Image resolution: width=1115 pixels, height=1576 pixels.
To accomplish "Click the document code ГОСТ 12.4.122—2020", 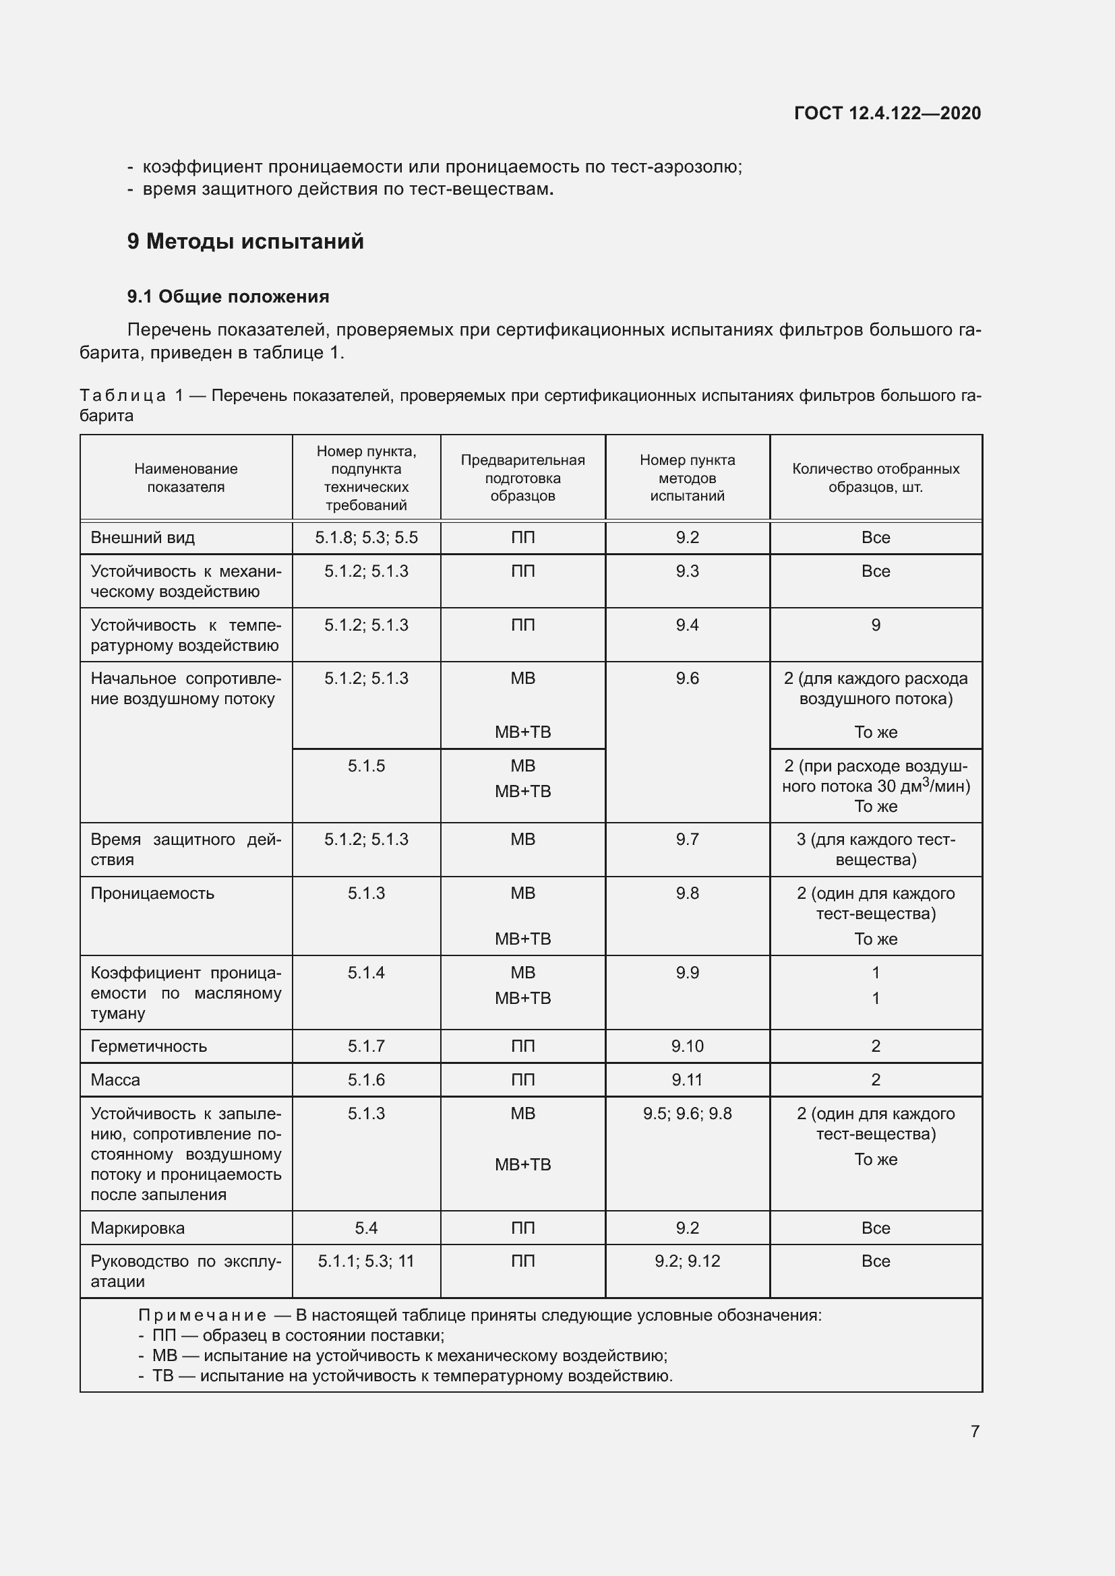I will tap(887, 113).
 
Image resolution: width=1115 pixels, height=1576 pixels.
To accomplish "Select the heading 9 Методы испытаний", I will tap(245, 242).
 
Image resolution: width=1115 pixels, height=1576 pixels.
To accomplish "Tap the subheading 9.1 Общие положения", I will tap(228, 296).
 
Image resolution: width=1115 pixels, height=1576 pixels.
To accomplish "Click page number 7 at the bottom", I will tap(975, 1431).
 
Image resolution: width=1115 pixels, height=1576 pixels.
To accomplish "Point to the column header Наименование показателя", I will tap(186, 478).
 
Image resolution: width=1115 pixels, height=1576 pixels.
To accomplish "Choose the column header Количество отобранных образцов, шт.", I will tap(876, 478).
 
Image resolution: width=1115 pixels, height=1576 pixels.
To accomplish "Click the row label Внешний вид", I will tap(143, 538).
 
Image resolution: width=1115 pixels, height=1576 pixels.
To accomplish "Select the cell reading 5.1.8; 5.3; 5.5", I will tap(366, 538).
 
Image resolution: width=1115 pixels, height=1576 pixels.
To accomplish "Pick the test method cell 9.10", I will tap(687, 1046).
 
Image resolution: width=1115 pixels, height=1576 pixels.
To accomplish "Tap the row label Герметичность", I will tap(148, 1046).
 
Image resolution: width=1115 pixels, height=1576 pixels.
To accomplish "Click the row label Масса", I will tap(115, 1079).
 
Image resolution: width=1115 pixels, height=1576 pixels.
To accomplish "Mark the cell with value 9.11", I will tap(687, 1079).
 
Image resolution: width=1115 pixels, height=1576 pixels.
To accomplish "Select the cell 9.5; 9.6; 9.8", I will tap(687, 1113).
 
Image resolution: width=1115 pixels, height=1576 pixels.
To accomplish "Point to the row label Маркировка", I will tap(138, 1228).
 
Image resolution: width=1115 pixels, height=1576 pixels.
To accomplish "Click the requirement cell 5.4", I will tap(366, 1228).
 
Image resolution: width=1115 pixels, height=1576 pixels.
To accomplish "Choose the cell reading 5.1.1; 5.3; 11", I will tap(366, 1261).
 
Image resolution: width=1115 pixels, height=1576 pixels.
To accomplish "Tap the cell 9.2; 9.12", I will tap(687, 1261).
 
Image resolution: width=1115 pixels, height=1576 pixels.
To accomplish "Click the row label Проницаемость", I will tap(152, 893).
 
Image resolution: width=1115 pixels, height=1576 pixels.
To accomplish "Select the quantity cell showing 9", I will tap(876, 625).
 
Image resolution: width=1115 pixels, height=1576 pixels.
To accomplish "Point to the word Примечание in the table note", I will tap(202, 1315).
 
